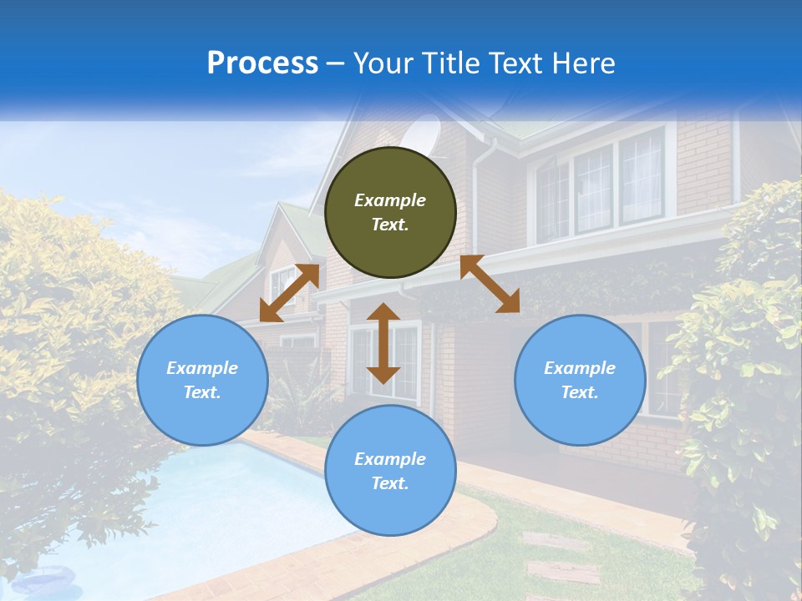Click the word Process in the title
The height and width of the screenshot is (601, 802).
point(262,63)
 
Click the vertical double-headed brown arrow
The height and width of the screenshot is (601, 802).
point(383,343)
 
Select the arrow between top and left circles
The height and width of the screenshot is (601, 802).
point(289,292)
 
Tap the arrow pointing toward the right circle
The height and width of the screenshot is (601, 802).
point(490,284)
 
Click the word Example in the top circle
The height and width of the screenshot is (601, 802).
point(390,200)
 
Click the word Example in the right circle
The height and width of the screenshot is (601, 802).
point(580,368)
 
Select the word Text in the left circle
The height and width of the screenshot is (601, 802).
point(201,392)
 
